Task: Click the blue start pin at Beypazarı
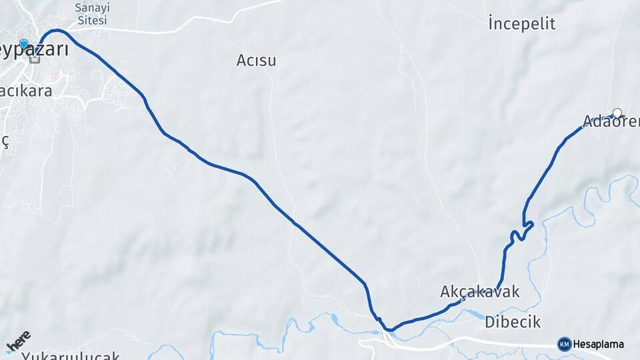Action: (24, 45)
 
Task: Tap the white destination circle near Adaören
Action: (617, 113)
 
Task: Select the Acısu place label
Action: (256, 61)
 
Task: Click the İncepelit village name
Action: (521, 24)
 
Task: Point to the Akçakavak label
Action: (479, 292)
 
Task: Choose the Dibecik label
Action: (513, 321)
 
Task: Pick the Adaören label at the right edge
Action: (611, 121)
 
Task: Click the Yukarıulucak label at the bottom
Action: (70, 355)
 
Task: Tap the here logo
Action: (18, 341)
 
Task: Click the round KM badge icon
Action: (564, 344)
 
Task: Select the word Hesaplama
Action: (598, 344)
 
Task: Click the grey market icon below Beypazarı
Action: (35, 59)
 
